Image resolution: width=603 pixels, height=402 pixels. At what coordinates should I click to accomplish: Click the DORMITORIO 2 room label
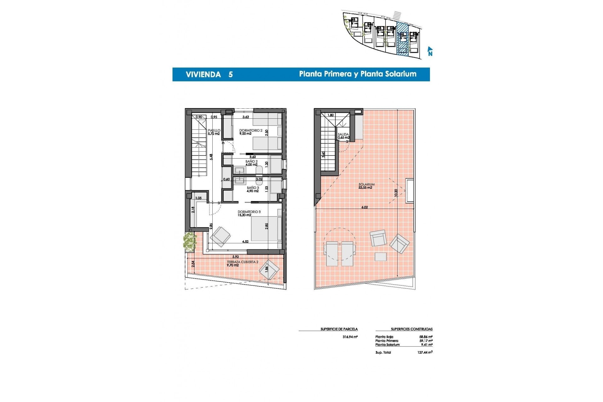[251, 130]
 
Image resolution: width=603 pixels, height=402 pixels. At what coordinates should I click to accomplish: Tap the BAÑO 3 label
[253, 188]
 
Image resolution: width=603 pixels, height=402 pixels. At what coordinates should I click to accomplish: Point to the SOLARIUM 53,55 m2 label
[367, 186]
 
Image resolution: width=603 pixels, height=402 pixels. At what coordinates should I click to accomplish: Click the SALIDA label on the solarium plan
[343, 134]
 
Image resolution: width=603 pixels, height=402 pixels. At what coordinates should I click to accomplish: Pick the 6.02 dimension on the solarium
[364, 207]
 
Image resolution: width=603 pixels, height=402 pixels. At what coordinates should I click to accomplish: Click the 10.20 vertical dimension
[396, 193]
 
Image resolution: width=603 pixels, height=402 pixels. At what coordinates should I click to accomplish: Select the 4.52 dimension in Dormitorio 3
[245, 242]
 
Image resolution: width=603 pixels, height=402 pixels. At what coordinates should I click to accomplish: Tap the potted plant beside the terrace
[189, 242]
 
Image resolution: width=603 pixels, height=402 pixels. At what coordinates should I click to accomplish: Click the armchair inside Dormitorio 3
[220, 236]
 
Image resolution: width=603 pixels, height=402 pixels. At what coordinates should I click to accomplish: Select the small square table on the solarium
[381, 257]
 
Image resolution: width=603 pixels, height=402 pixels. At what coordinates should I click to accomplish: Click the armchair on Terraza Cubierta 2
[269, 269]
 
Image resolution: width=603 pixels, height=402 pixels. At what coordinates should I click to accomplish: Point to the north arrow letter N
[430, 54]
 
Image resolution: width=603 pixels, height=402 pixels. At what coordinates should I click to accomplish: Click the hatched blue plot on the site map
[403, 39]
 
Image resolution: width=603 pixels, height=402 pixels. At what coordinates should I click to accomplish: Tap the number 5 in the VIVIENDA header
[231, 75]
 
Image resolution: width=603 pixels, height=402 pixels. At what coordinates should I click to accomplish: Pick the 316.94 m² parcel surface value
[350, 337]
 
